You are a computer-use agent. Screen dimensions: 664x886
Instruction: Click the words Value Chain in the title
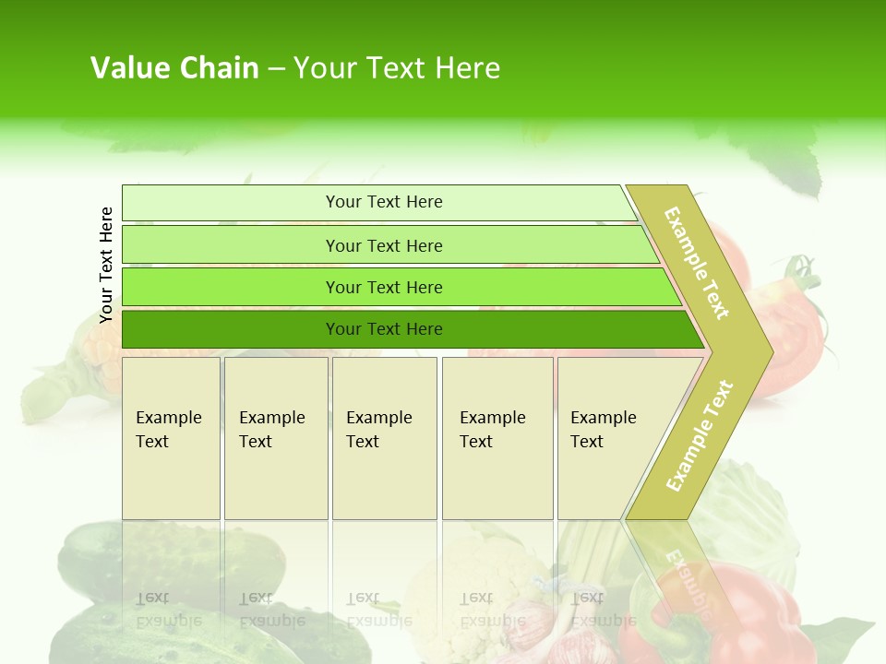pos(174,68)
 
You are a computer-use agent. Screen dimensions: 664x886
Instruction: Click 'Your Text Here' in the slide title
pos(397,68)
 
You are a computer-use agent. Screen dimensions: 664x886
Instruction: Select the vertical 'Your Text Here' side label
pos(106,265)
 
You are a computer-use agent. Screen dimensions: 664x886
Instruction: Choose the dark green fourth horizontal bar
pos(231,329)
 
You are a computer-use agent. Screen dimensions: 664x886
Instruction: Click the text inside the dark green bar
pos(384,329)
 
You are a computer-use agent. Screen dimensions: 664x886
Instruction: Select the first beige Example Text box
pos(171,438)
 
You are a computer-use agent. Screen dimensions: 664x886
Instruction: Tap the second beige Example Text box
pos(275,438)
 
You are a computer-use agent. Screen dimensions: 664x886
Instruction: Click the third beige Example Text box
pos(383,438)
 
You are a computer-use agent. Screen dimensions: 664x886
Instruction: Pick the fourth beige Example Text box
pos(497,438)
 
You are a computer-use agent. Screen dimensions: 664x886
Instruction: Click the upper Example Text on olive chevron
pos(698,263)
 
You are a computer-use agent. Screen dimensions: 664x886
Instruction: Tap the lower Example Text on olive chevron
pos(699,436)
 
